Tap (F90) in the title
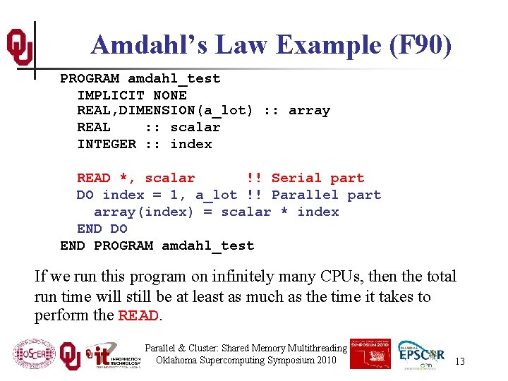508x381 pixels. click(x=420, y=45)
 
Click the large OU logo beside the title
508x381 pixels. click(x=20, y=47)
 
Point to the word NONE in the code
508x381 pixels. click(x=170, y=95)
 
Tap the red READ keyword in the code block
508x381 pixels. click(x=93, y=179)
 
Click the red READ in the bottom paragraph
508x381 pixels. click(x=138, y=316)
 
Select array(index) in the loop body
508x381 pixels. click(x=144, y=212)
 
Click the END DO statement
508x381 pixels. click(x=102, y=229)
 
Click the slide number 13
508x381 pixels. click(x=460, y=362)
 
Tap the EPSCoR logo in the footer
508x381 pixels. click(x=421, y=356)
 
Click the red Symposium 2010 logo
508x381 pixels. click(x=370, y=353)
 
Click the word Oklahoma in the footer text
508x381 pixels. click(x=181, y=361)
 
